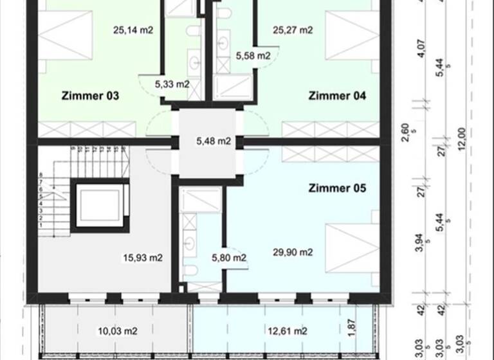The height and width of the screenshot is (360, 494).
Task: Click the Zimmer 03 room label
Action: click(90, 96)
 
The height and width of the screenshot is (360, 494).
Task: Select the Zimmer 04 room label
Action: click(337, 96)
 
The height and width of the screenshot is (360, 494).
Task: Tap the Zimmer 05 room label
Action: click(337, 188)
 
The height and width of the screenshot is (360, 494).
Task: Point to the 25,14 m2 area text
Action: click(133, 30)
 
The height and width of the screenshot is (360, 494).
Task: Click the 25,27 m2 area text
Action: click(293, 30)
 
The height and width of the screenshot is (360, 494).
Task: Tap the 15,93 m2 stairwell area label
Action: click(142, 258)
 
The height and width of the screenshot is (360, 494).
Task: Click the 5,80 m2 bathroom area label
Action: click(229, 258)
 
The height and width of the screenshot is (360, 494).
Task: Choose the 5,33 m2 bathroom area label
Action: click(172, 84)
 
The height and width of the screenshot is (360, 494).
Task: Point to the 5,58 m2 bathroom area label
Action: click(253, 56)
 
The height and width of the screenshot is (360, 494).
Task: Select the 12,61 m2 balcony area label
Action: click(287, 331)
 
